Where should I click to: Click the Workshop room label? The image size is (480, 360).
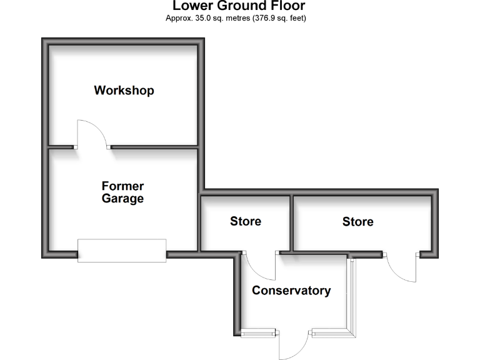pyautogui.click(x=124, y=91)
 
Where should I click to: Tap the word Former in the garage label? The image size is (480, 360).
pyautogui.click(x=122, y=186)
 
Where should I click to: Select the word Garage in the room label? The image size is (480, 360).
pyautogui.click(x=122, y=199)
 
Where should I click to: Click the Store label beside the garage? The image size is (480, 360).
pyautogui.click(x=246, y=221)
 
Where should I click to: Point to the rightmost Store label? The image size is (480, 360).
pyautogui.click(x=358, y=222)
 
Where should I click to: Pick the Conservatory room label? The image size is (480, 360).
pyautogui.click(x=291, y=291)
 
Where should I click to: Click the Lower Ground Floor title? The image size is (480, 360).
pyautogui.click(x=239, y=6)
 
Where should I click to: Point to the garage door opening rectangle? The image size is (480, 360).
pyautogui.click(x=122, y=251)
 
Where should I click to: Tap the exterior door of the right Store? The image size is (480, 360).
pyautogui.click(x=401, y=267)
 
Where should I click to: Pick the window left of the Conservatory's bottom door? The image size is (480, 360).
pyautogui.click(x=259, y=332)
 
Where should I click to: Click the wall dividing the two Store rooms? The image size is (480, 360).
pyautogui.click(x=291, y=222)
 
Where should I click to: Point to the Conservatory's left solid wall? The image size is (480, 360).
pyautogui.click(x=238, y=294)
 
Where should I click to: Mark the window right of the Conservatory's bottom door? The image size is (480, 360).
pyautogui.click(x=330, y=332)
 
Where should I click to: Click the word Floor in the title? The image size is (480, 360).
pyautogui.click(x=286, y=6)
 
